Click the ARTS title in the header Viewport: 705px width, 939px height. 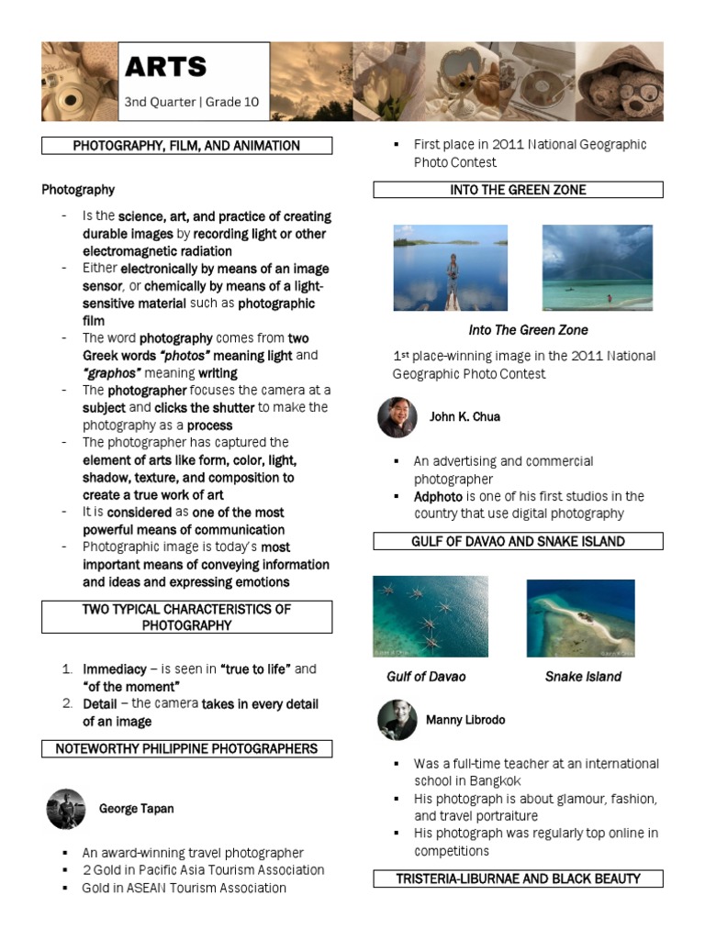pyautogui.click(x=166, y=67)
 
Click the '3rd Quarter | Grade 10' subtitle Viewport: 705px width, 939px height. pyautogui.click(x=192, y=102)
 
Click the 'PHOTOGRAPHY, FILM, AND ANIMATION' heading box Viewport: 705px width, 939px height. pyautogui.click(x=186, y=146)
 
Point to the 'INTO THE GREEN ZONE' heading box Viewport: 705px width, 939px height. pyautogui.click(x=518, y=190)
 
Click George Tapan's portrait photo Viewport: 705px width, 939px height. pyautogui.click(x=66, y=809)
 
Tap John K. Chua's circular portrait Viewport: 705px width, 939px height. pyautogui.click(x=397, y=417)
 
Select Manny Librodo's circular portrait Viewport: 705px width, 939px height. pyautogui.click(x=397, y=720)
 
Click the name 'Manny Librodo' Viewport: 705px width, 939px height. pyautogui.click(x=465, y=720)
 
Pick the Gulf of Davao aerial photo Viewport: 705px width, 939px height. pyautogui.click(x=431, y=616)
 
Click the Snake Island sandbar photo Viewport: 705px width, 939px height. pyautogui.click(x=581, y=618)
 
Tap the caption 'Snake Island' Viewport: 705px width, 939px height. pyautogui.click(x=583, y=677)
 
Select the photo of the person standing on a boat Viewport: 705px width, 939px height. pyautogui.click(x=450, y=268)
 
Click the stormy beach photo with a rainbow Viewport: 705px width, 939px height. pyautogui.click(x=598, y=268)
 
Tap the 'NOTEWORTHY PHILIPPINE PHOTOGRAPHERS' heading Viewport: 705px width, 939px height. pyautogui.click(x=186, y=749)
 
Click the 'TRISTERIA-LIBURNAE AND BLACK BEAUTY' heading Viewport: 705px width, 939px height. pyautogui.click(x=518, y=878)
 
